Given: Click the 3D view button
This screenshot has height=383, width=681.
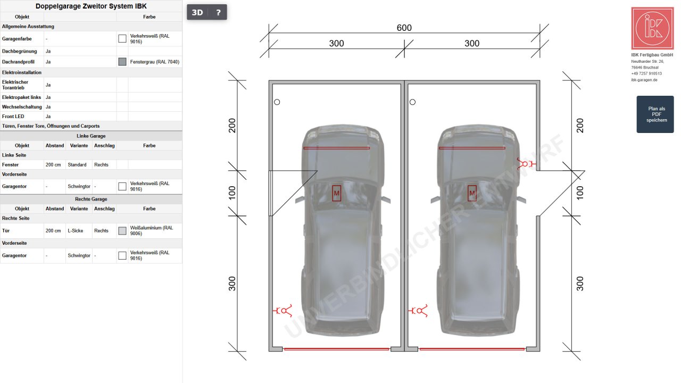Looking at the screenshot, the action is point(197,12).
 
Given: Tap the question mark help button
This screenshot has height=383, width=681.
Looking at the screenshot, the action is point(218,12).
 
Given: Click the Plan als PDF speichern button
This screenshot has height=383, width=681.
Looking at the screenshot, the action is point(655,114).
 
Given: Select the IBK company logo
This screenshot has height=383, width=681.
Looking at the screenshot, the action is point(652,28).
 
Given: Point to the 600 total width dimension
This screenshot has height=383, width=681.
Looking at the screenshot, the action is point(404,28).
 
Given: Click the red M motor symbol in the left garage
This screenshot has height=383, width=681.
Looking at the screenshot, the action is point(336,193).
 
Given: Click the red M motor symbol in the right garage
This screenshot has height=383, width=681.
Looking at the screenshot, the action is point(472,193).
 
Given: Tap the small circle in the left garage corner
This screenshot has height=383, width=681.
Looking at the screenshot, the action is point(277,102).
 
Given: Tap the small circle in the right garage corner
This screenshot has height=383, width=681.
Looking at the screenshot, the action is point(412,102).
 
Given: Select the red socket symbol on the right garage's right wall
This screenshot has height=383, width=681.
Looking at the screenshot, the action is point(526,164).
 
